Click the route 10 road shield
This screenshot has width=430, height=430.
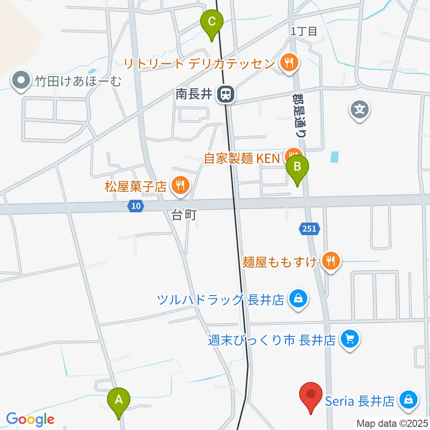tap(136, 206)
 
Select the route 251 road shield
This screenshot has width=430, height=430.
tap(309, 229)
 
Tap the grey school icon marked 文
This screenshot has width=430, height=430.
tap(360, 108)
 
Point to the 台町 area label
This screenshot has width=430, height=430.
tap(184, 216)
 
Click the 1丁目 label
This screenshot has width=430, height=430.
tap(304, 31)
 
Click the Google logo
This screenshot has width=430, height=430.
tap(30, 420)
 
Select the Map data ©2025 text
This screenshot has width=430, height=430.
tap(392, 422)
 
